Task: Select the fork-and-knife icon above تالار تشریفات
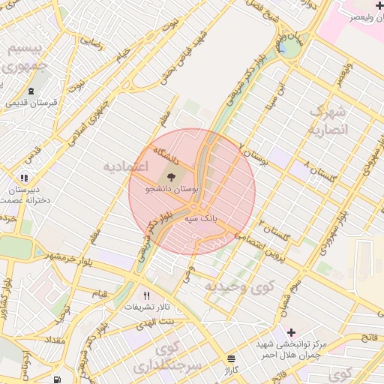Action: (x=147, y=295)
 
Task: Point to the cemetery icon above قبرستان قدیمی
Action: (x=30, y=91)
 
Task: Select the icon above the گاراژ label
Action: (x=231, y=358)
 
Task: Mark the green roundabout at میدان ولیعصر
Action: (x=288, y=49)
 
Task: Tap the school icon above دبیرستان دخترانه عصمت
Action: (x=24, y=178)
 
